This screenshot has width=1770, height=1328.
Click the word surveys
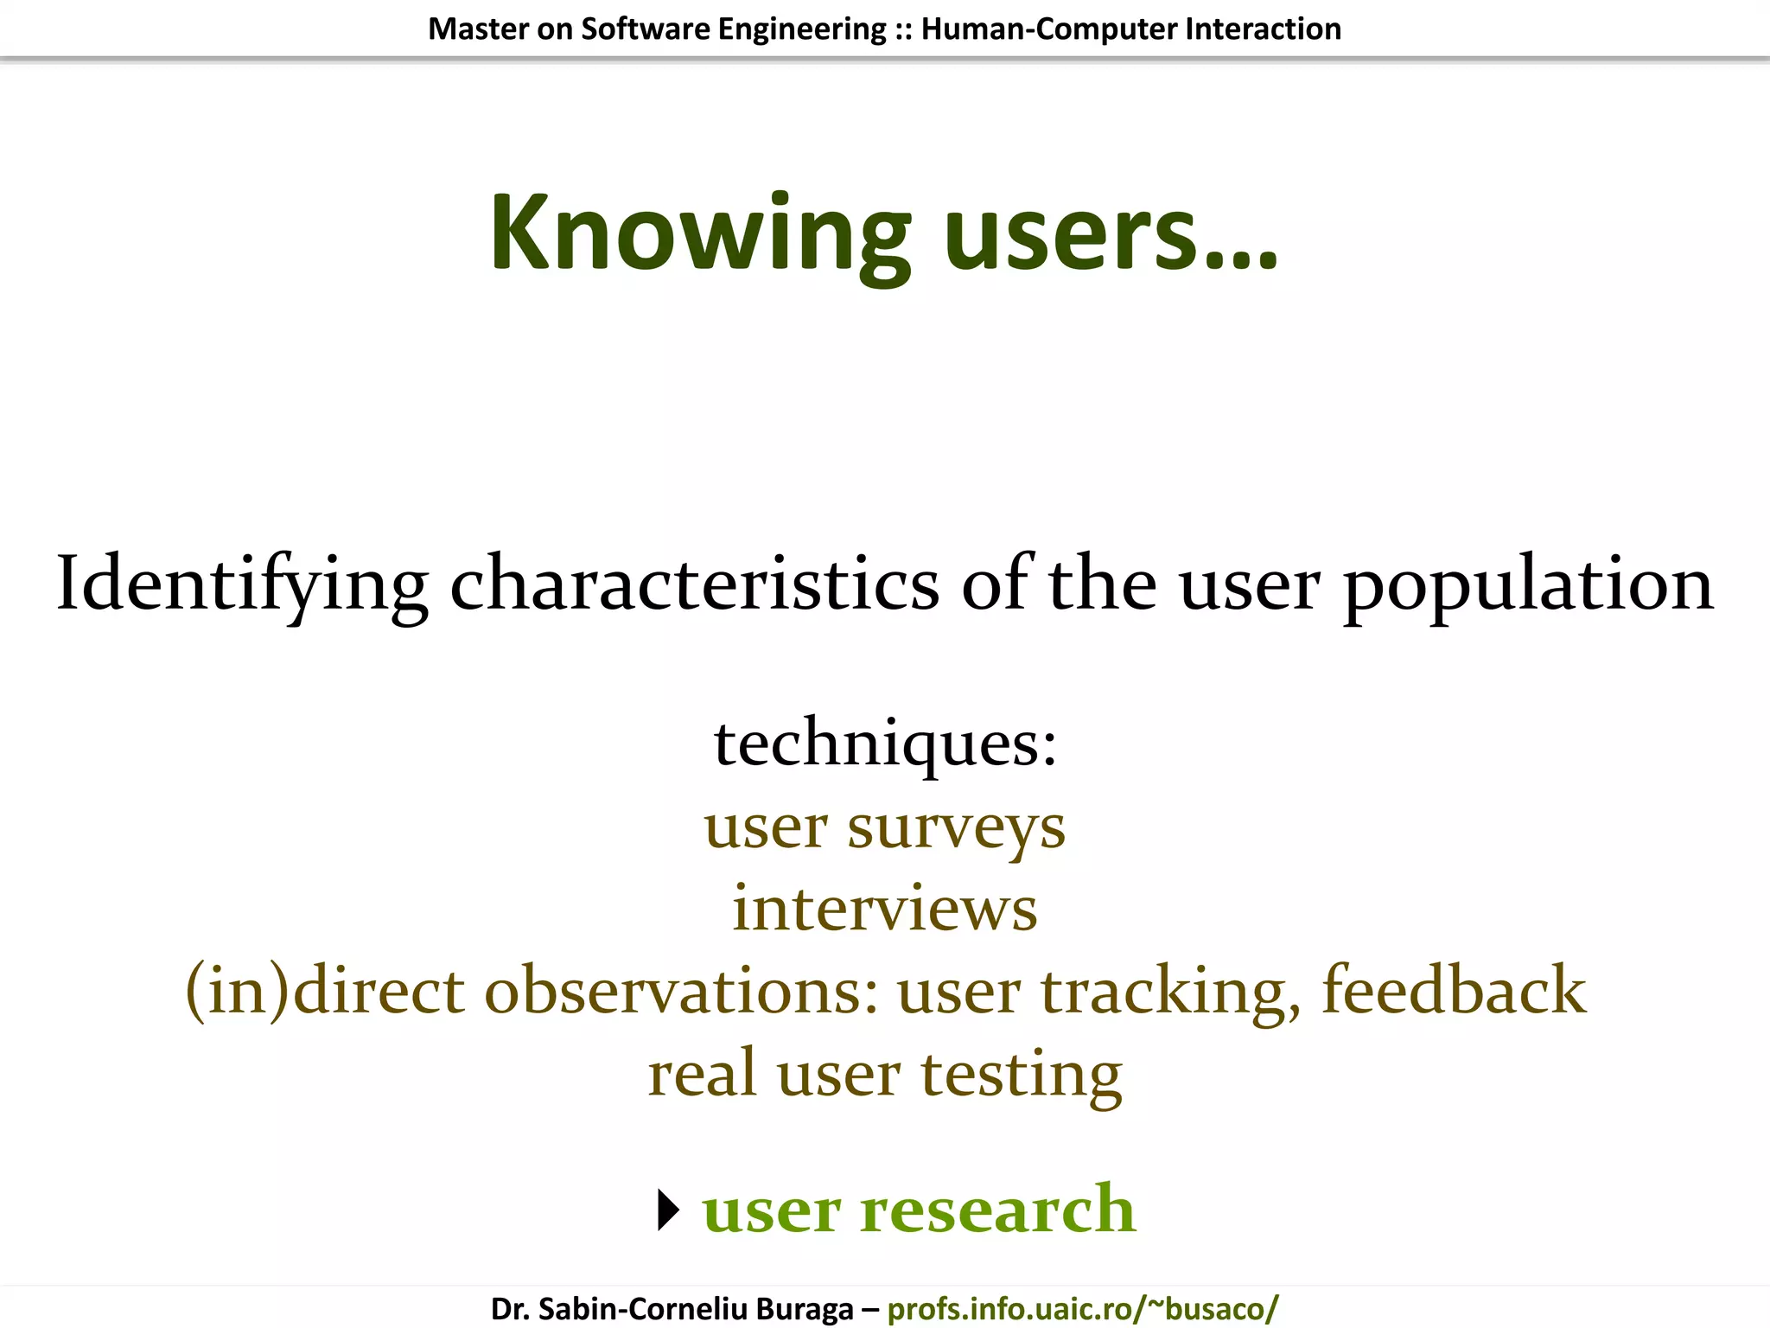coord(956,828)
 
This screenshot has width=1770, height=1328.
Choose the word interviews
coord(885,909)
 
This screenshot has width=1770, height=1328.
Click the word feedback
coord(1454,991)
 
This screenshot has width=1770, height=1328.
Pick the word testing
coord(1021,1075)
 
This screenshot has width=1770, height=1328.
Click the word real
coord(702,1073)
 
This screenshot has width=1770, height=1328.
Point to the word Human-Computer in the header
coord(1048,29)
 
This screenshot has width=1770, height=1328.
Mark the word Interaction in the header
coord(1263,29)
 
